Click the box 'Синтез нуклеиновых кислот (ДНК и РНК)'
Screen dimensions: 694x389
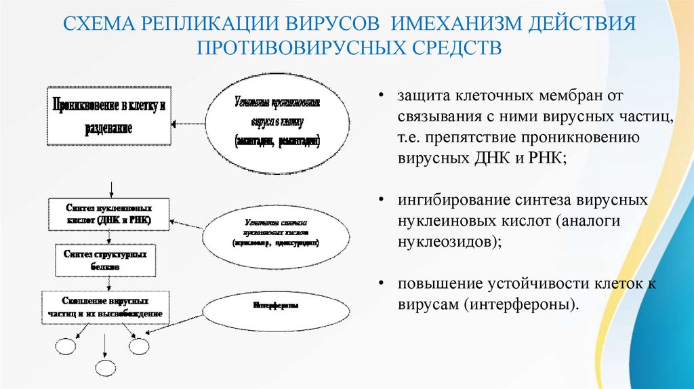pyautogui.click(x=109, y=213)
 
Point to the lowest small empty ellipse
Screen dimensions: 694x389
pyautogui.click(x=106, y=368)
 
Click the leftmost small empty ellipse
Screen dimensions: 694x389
pyautogui.click(x=66, y=347)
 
